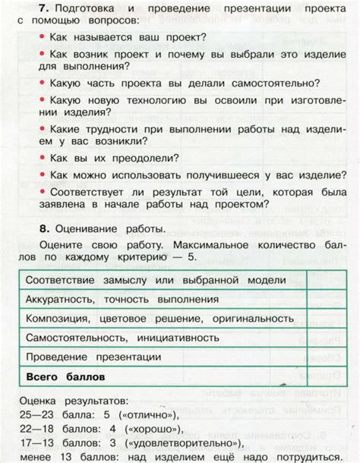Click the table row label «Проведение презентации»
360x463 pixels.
click(93, 356)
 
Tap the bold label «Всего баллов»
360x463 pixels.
click(65, 376)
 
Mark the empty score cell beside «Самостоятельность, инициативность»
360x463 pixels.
click(321, 337)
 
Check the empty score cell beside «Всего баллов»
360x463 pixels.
click(321, 376)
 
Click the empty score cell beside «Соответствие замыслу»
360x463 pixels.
click(321, 280)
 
